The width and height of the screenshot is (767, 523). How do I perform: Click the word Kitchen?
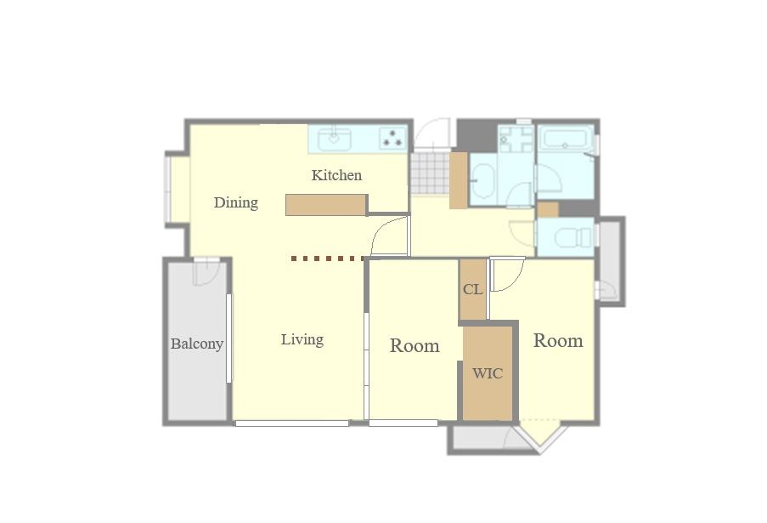click(x=336, y=175)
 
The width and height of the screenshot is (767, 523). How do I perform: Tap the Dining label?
click(x=236, y=202)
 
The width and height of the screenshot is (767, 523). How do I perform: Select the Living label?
click(x=302, y=340)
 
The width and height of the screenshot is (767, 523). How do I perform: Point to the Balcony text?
click(x=197, y=344)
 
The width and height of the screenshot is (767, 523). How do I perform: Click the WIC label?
click(x=488, y=374)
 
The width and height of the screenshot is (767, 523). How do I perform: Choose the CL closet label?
click(x=473, y=289)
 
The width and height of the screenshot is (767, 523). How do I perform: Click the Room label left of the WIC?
click(x=415, y=346)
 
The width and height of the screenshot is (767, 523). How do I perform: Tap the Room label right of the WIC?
click(x=558, y=341)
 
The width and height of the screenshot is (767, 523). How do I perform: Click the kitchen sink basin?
click(x=334, y=139)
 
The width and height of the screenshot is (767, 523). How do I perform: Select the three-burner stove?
click(x=392, y=138)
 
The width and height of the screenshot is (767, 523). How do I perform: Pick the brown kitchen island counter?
click(x=326, y=205)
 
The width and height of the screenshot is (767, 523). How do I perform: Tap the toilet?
click(x=574, y=237)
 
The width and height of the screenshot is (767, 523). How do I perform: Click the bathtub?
click(x=566, y=139)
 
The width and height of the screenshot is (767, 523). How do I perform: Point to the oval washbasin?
click(x=484, y=180)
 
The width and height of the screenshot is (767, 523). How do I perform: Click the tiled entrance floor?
click(x=430, y=173)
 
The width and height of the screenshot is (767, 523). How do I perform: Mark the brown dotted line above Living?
click(x=328, y=259)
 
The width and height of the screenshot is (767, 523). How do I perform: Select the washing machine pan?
click(x=516, y=139)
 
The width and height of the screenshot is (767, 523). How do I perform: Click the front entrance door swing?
click(x=431, y=133)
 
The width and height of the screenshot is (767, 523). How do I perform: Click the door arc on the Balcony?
click(x=206, y=271)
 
